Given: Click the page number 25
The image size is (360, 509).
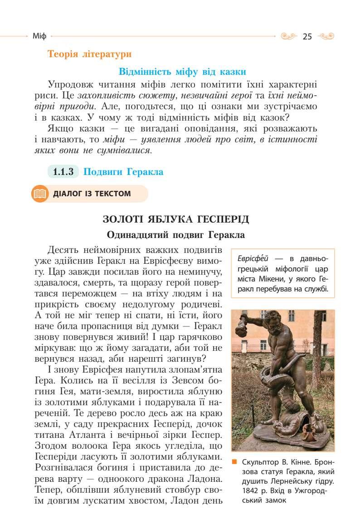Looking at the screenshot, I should click(x=307, y=37).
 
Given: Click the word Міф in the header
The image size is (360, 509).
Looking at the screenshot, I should click(x=39, y=36).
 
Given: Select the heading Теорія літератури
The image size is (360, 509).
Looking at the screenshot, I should click(x=89, y=54).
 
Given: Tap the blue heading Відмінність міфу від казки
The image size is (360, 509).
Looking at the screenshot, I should click(x=182, y=72).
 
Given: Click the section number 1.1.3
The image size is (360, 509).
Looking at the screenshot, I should click(x=63, y=172).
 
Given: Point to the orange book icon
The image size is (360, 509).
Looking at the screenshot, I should click(x=39, y=194).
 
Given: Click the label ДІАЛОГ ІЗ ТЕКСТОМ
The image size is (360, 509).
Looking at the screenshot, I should click(x=92, y=194).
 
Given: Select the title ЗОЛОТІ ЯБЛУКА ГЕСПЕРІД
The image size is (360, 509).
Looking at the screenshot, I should click(x=176, y=220).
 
